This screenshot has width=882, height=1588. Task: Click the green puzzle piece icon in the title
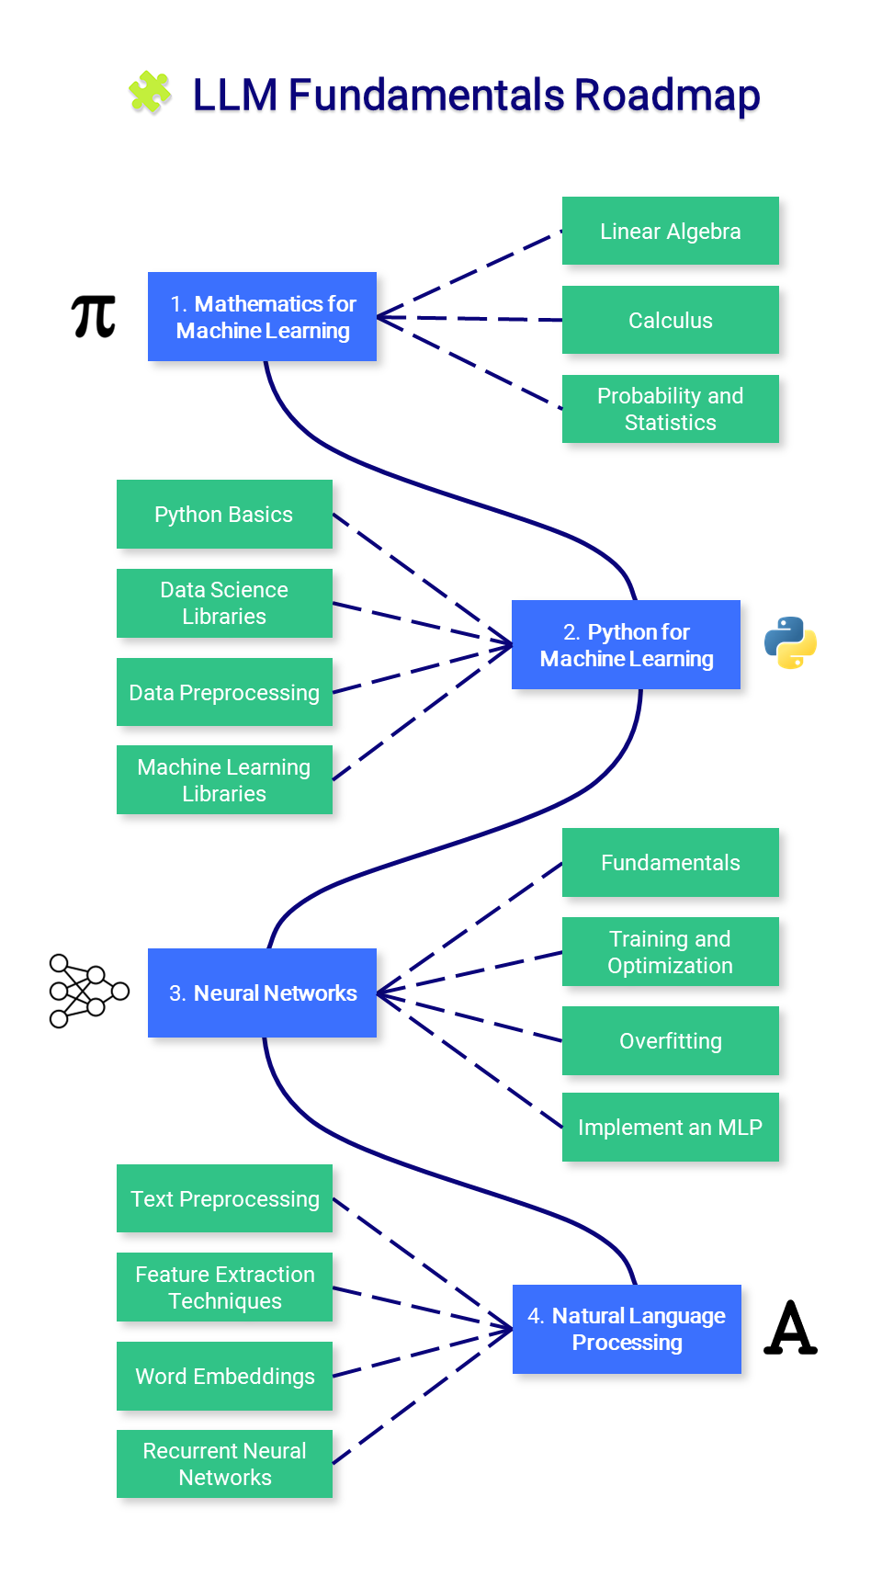[x=150, y=93]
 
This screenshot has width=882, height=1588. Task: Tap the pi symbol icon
[x=93, y=317]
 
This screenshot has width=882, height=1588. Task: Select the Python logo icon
[x=790, y=642]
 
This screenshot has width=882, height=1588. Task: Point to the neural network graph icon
[x=88, y=991]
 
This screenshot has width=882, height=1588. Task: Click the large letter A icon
[x=790, y=1328]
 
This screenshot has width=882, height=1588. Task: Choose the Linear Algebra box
[x=670, y=231]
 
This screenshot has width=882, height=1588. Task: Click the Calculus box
[x=670, y=320]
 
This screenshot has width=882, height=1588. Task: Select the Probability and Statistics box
[x=670, y=409]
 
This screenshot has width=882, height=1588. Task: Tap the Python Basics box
[x=224, y=514]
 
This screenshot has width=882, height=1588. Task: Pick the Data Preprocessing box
[x=224, y=692]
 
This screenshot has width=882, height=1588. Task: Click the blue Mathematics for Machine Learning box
[x=262, y=316]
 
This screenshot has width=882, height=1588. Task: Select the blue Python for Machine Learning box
[x=626, y=644]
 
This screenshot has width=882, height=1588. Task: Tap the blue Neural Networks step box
[x=262, y=992]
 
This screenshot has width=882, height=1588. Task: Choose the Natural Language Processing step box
[x=627, y=1329]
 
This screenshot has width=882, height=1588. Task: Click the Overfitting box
[x=670, y=1040]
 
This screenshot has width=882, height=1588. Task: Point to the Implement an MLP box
[x=670, y=1127]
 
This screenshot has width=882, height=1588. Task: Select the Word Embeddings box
[x=224, y=1376]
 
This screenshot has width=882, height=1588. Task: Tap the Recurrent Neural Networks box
[x=224, y=1464]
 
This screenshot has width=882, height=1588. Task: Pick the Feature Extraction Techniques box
[x=224, y=1287]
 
